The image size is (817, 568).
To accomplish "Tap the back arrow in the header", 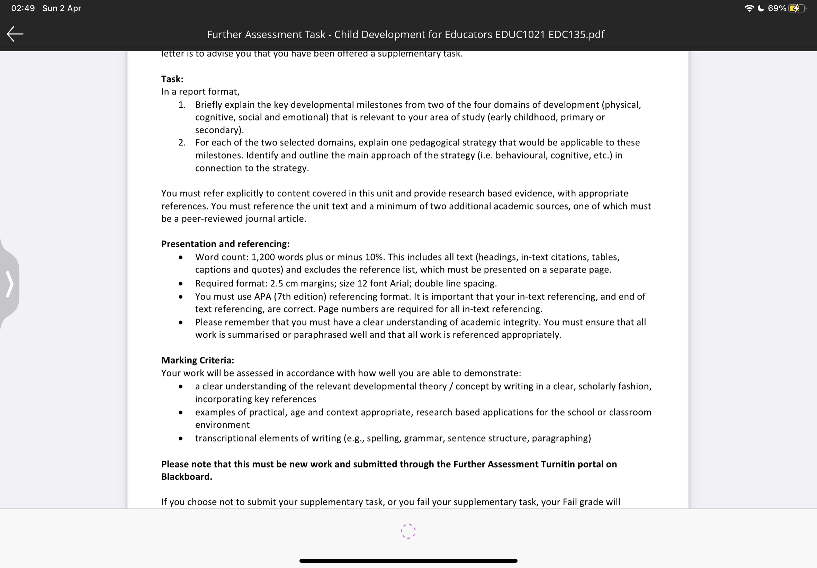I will click(x=15, y=34).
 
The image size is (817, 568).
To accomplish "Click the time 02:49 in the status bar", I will click(x=23, y=8).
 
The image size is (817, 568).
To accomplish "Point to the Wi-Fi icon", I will click(x=749, y=8).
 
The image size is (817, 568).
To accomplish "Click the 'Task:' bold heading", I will click(x=172, y=79).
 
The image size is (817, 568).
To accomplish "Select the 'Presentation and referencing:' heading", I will click(x=225, y=244).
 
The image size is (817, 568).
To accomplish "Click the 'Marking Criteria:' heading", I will click(x=197, y=360).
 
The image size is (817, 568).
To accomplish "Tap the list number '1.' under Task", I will click(x=182, y=105).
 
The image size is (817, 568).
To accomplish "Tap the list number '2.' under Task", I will click(x=182, y=142).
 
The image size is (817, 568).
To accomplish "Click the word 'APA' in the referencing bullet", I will click(x=262, y=296).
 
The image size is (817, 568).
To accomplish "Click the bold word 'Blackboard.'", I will click(x=186, y=477).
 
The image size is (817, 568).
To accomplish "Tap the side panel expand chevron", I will click(x=10, y=284).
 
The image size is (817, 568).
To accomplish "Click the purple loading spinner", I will click(x=408, y=531).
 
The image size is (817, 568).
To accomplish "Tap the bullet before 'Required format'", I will click(x=181, y=284).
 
